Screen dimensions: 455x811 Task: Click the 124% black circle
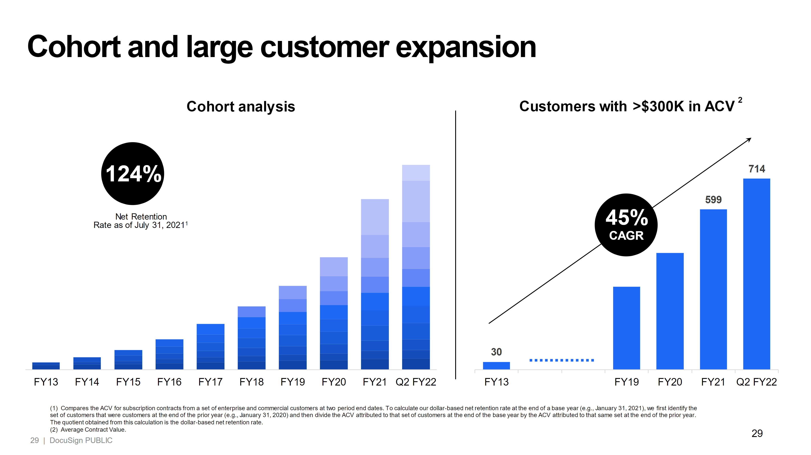133,173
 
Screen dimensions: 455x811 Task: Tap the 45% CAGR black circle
626,225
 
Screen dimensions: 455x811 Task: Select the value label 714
756,169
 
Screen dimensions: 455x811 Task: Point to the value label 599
713,199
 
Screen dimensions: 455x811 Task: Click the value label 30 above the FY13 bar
496,352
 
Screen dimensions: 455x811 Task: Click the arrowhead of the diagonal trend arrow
750,139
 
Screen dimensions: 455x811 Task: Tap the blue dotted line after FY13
561,360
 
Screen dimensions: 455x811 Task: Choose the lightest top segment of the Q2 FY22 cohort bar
415,173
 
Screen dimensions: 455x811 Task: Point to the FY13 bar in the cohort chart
46,366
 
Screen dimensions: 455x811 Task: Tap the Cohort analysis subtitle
241,106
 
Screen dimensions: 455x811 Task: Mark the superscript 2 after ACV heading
740,100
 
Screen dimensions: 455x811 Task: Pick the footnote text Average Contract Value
93,429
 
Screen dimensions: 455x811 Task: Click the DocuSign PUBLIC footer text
81,440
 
